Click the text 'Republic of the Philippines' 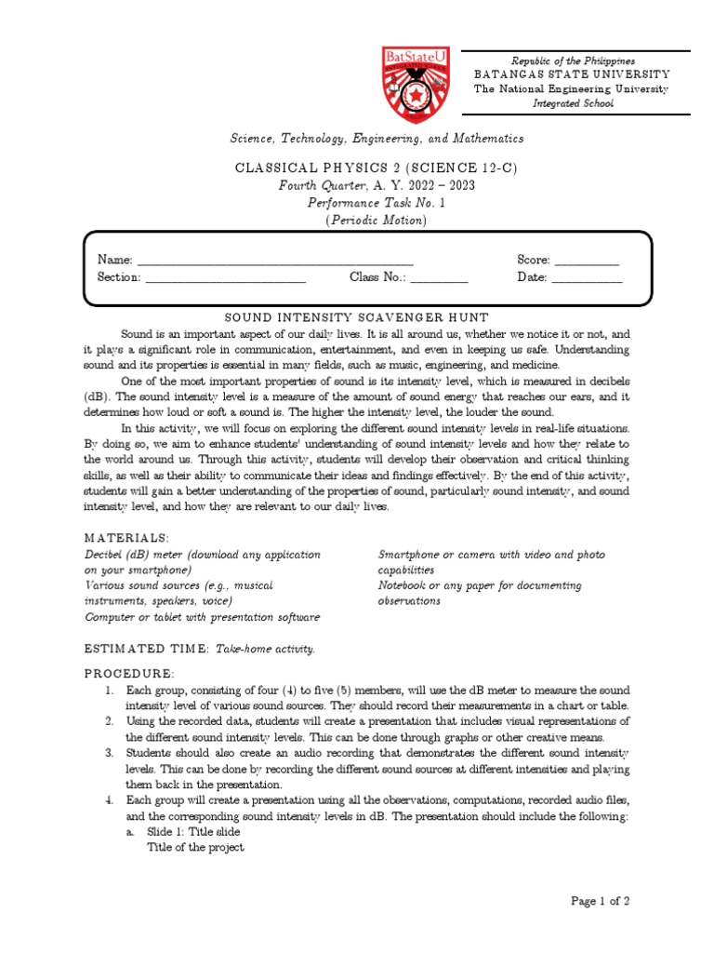click(x=572, y=60)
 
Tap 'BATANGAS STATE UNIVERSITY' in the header click(x=572, y=74)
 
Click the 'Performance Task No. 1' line click(x=377, y=203)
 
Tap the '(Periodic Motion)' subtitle click(x=377, y=221)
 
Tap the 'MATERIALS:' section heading click(x=126, y=538)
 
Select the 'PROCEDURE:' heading click(x=128, y=673)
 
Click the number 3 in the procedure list click(x=109, y=752)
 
